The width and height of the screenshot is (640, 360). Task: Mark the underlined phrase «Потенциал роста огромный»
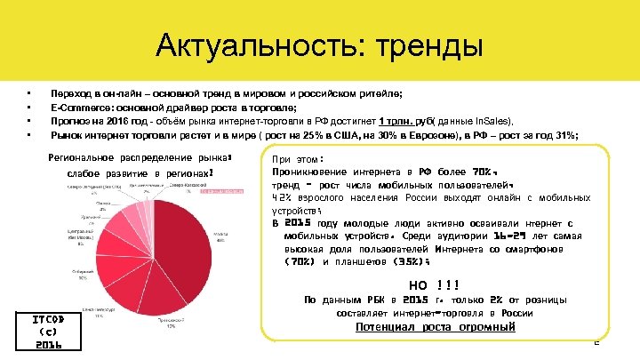tap(435, 327)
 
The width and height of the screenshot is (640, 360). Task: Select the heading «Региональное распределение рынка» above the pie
tap(138, 158)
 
